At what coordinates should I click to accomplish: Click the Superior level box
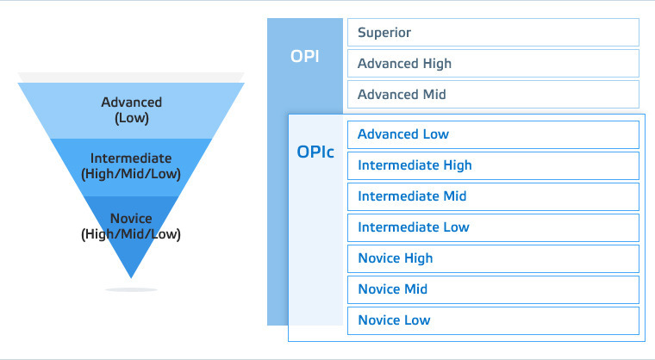pyautogui.click(x=493, y=32)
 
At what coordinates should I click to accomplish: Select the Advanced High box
pyautogui.click(x=493, y=64)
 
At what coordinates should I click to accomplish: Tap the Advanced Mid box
pyautogui.click(x=493, y=95)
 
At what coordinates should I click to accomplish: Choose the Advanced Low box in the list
pyautogui.click(x=493, y=134)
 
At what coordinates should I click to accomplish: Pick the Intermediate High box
pyautogui.click(x=493, y=166)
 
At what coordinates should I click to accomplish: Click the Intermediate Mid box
pyautogui.click(x=493, y=196)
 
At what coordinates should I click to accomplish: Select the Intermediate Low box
pyautogui.click(x=493, y=227)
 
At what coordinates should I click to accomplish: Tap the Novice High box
pyautogui.click(x=493, y=258)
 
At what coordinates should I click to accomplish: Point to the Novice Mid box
pyautogui.click(x=493, y=289)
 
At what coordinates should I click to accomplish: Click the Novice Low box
pyautogui.click(x=493, y=320)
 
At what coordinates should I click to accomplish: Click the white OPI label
pyautogui.click(x=305, y=56)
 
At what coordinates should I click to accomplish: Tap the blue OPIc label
pyautogui.click(x=315, y=152)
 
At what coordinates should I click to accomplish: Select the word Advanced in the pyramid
pyautogui.click(x=131, y=102)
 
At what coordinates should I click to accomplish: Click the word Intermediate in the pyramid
pyautogui.click(x=131, y=158)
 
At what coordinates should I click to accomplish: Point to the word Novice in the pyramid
pyautogui.click(x=131, y=218)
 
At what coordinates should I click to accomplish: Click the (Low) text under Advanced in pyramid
pyautogui.click(x=132, y=118)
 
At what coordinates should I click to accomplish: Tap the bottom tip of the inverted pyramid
pyautogui.click(x=131, y=277)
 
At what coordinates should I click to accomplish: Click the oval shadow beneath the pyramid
pyautogui.click(x=131, y=289)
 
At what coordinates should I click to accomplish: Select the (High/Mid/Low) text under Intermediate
pyautogui.click(x=131, y=174)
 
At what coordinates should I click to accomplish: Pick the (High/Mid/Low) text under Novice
pyautogui.click(x=131, y=234)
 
